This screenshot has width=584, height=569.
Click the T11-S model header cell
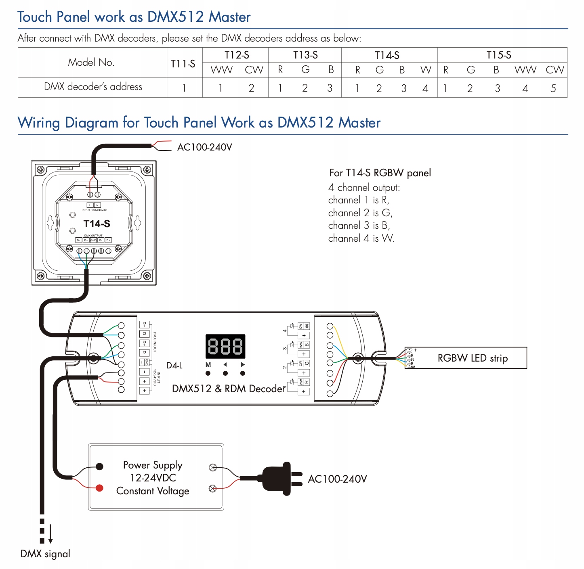tap(183, 64)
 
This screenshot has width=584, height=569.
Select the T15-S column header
tap(499, 55)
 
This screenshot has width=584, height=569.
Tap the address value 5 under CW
tap(553, 88)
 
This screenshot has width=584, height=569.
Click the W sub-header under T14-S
tap(426, 70)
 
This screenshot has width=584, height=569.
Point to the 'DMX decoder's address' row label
tap(93, 87)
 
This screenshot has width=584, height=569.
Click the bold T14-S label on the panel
tap(97, 224)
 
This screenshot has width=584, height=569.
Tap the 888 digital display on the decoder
tap(225, 346)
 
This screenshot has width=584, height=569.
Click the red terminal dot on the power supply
tap(99, 488)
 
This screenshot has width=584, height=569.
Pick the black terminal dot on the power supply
tap(99, 467)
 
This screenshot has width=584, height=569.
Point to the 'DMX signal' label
tap(45, 554)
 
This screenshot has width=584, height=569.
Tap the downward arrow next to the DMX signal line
tap(50, 535)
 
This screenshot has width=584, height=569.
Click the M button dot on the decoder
tap(208, 373)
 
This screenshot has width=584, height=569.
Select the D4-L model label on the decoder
tap(174, 366)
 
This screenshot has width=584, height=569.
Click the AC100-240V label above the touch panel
tap(204, 147)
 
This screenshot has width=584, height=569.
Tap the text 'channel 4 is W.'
tap(361, 238)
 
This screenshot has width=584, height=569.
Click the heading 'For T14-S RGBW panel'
tap(380, 173)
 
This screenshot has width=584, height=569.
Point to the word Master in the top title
tap(229, 17)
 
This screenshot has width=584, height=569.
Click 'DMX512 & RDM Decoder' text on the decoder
tap(229, 389)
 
